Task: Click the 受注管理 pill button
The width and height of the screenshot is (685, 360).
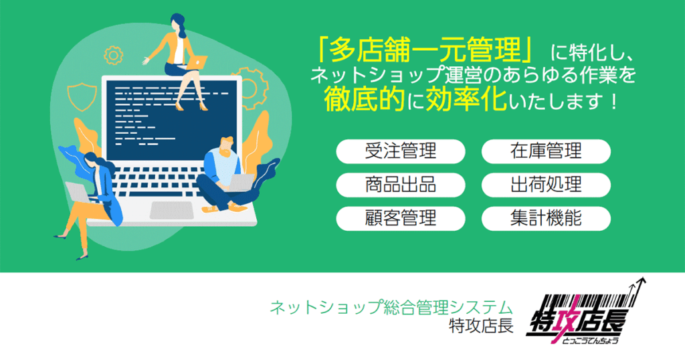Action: coord(400,151)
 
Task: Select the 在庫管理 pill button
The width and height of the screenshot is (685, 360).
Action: coord(546,151)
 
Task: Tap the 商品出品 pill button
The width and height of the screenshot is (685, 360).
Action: coord(400,184)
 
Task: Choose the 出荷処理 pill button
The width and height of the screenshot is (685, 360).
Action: coord(546,184)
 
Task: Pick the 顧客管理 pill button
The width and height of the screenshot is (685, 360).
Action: coord(400,217)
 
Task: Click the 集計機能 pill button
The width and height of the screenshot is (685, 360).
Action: coord(546,217)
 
